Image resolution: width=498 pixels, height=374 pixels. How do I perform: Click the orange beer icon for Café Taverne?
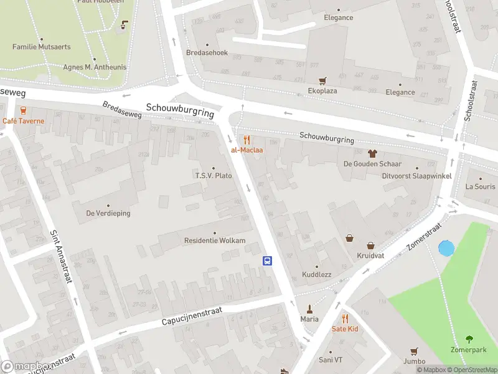23,110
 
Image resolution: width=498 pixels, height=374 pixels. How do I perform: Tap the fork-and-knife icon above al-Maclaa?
247,140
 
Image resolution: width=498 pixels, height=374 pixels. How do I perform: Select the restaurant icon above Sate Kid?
345,318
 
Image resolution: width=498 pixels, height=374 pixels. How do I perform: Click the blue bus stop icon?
268,261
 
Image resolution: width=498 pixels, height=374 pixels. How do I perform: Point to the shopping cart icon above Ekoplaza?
322,80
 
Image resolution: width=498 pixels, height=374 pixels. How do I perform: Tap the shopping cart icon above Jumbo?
413,352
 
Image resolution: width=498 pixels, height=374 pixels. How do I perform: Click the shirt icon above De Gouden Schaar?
372,153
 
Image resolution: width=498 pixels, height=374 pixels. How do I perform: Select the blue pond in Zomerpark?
446,249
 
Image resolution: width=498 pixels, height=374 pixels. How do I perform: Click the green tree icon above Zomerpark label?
469,340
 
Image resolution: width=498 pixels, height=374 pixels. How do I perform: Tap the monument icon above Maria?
309,309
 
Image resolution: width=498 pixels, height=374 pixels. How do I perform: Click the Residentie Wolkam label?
215,241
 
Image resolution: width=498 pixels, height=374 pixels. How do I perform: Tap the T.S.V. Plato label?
214,176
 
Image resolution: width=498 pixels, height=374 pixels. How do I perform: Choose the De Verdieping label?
108,213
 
